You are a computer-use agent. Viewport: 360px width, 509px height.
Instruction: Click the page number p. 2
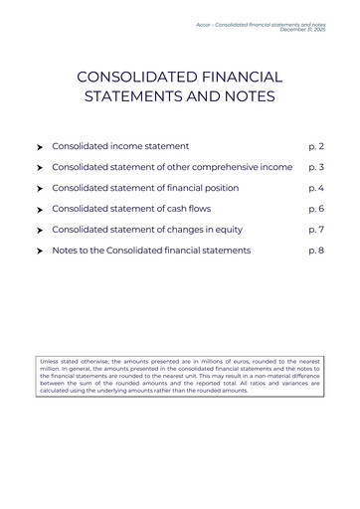click(316, 146)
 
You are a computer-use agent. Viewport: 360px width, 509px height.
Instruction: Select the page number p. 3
click(316, 167)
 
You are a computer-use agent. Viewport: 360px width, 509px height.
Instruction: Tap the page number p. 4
click(316, 188)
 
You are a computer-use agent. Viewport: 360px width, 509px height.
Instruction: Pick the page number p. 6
click(316, 209)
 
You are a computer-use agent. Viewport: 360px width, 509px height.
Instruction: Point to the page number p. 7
click(316, 230)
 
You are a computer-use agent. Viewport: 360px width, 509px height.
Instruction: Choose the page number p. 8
click(316, 251)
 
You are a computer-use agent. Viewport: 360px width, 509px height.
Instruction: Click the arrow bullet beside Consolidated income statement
click(39, 147)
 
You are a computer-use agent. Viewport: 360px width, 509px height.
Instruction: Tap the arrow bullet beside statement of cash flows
click(39, 210)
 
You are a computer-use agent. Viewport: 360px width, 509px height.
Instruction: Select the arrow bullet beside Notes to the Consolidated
click(39, 252)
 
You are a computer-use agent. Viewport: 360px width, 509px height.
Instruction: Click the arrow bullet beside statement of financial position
click(39, 189)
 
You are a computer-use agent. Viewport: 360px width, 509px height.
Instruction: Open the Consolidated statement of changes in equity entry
click(147, 230)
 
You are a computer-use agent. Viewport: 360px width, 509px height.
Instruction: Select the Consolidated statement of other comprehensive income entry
click(172, 167)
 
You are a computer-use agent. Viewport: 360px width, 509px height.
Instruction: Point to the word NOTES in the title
click(247, 96)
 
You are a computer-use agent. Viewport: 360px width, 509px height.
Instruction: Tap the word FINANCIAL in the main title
click(243, 77)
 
